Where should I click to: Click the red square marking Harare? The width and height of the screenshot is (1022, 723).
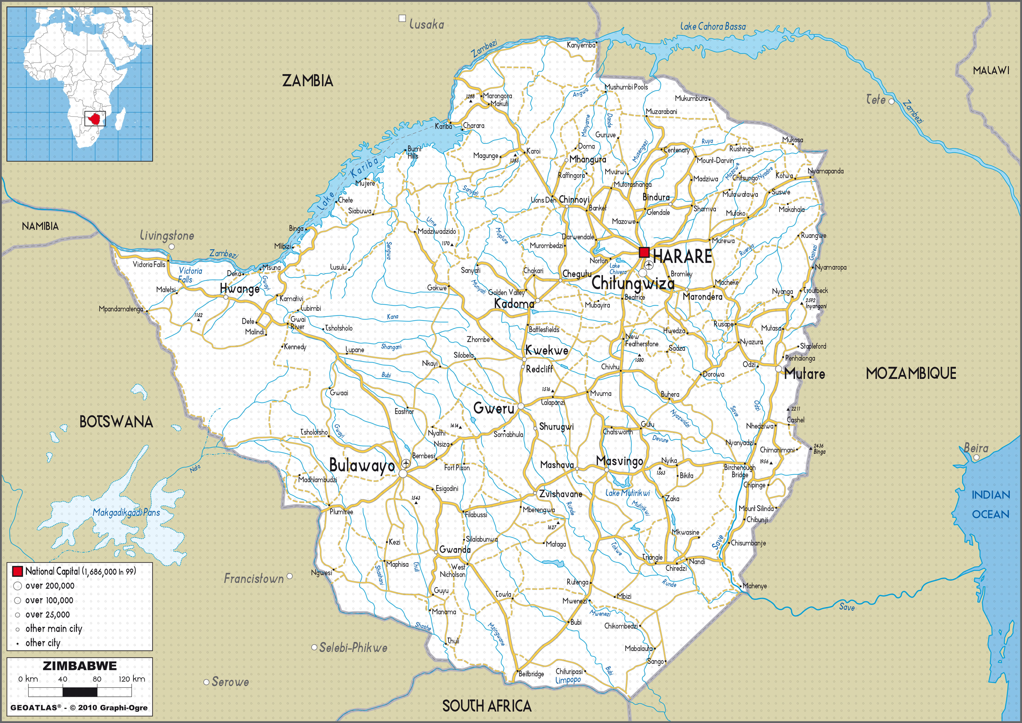[644, 252]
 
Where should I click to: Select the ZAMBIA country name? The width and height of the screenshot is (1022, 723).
[308, 81]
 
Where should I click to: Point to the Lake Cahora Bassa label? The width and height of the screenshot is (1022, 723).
[713, 27]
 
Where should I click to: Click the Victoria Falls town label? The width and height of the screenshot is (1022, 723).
[149, 264]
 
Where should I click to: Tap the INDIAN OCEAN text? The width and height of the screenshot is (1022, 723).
[990, 504]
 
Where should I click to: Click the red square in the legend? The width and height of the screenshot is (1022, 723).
[17, 571]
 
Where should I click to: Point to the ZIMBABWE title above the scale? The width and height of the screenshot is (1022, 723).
[80, 666]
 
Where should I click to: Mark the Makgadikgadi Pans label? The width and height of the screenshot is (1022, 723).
[126, 512]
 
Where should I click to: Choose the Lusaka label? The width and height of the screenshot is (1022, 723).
[426, 24]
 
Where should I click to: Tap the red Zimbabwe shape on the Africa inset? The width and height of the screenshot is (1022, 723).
[94, 119]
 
